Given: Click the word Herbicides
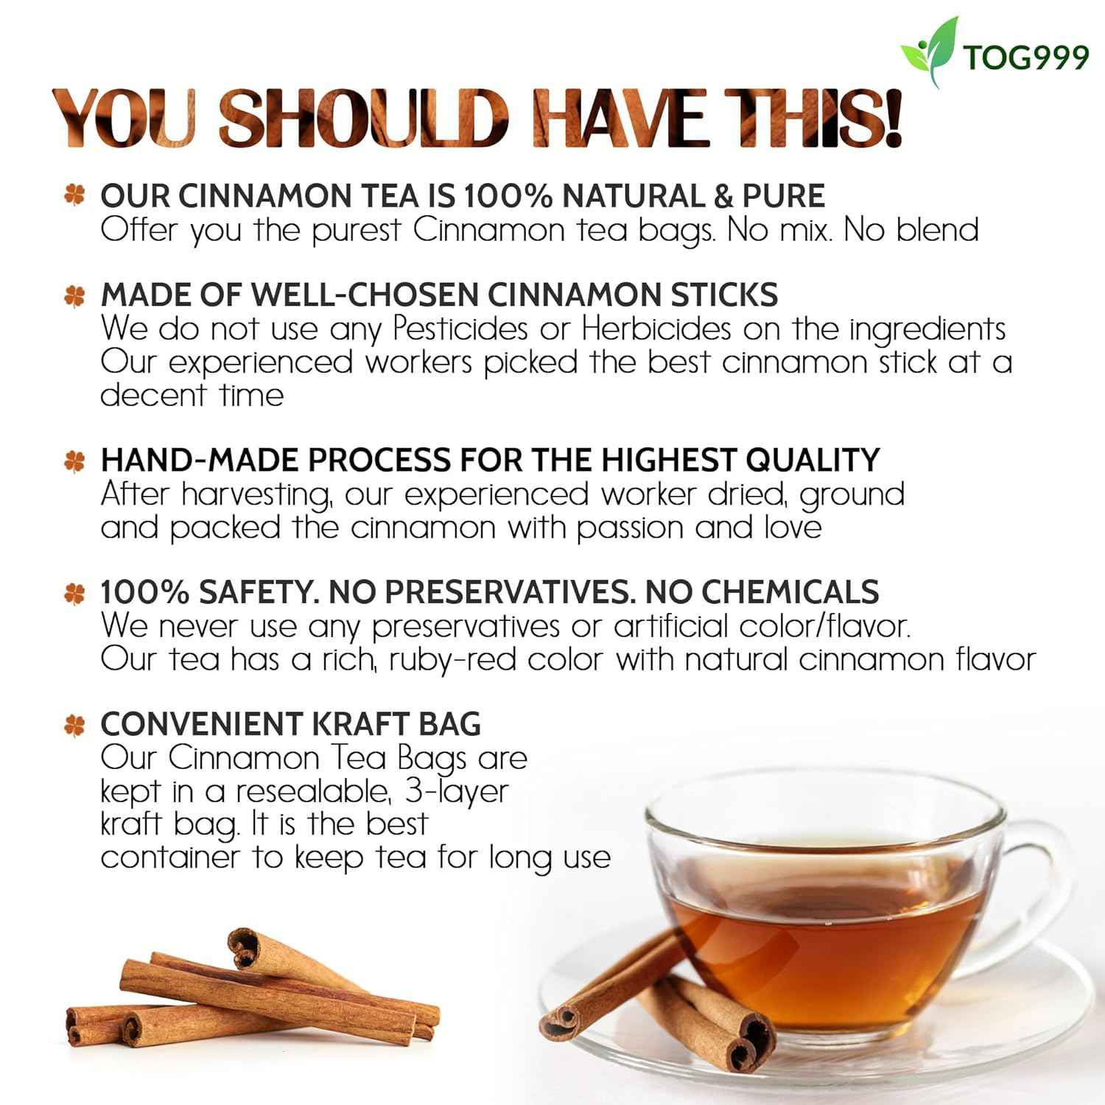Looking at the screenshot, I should pos(656,329).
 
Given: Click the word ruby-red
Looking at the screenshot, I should pos(452,659).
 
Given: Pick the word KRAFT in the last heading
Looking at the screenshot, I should pos(361,724).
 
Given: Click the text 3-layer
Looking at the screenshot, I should pos(457,792).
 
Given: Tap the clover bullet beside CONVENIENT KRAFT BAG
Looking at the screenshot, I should pos(74,725).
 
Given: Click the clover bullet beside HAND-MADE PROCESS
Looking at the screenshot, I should pos(74,461).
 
